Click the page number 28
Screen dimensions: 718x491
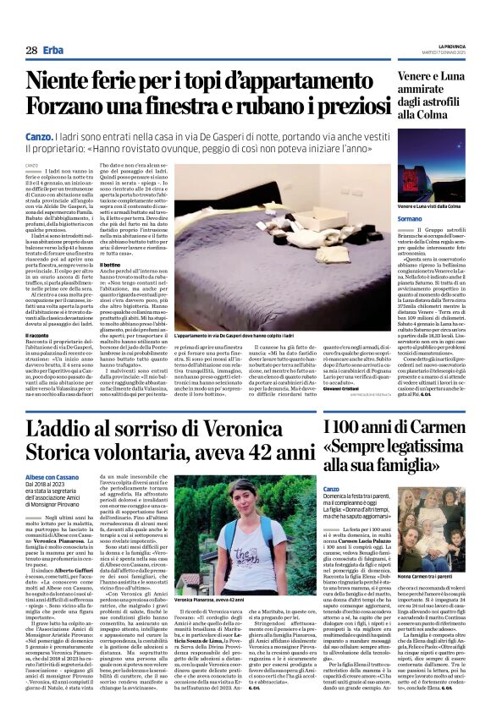(x=31, y=51)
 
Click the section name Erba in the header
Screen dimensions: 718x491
(x=55, y=51)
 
